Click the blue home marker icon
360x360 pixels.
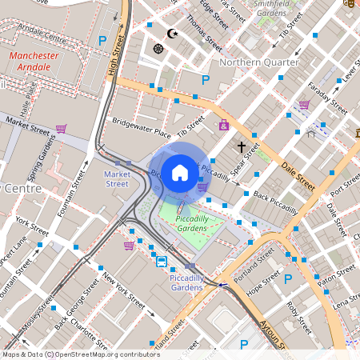point(180,172)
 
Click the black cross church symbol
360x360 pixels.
point(241,147)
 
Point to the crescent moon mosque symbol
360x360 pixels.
point(173,34)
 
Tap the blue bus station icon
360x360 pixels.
point(161,261)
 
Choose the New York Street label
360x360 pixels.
point(122,292)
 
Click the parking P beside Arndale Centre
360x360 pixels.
point(102,40)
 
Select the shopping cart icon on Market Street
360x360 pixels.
point(61,128)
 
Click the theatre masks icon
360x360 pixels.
point(350,3)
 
